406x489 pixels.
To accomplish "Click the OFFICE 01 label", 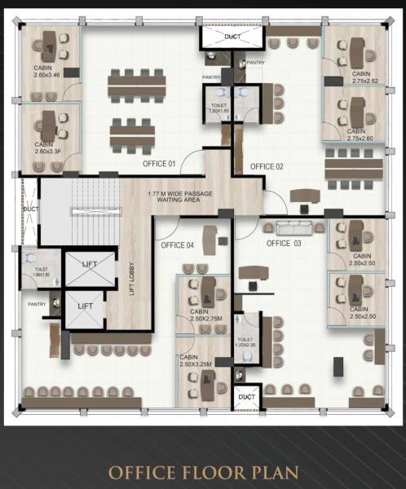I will (160, 164).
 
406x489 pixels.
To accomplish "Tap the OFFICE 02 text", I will (267, 166).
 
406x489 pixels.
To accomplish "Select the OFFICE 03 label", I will (284, 244).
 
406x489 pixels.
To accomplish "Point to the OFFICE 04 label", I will (178, 244).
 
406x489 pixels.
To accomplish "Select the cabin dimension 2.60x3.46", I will (48, 74).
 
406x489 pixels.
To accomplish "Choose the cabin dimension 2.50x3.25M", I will (195, 364).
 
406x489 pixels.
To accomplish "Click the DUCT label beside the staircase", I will (31, 209).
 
